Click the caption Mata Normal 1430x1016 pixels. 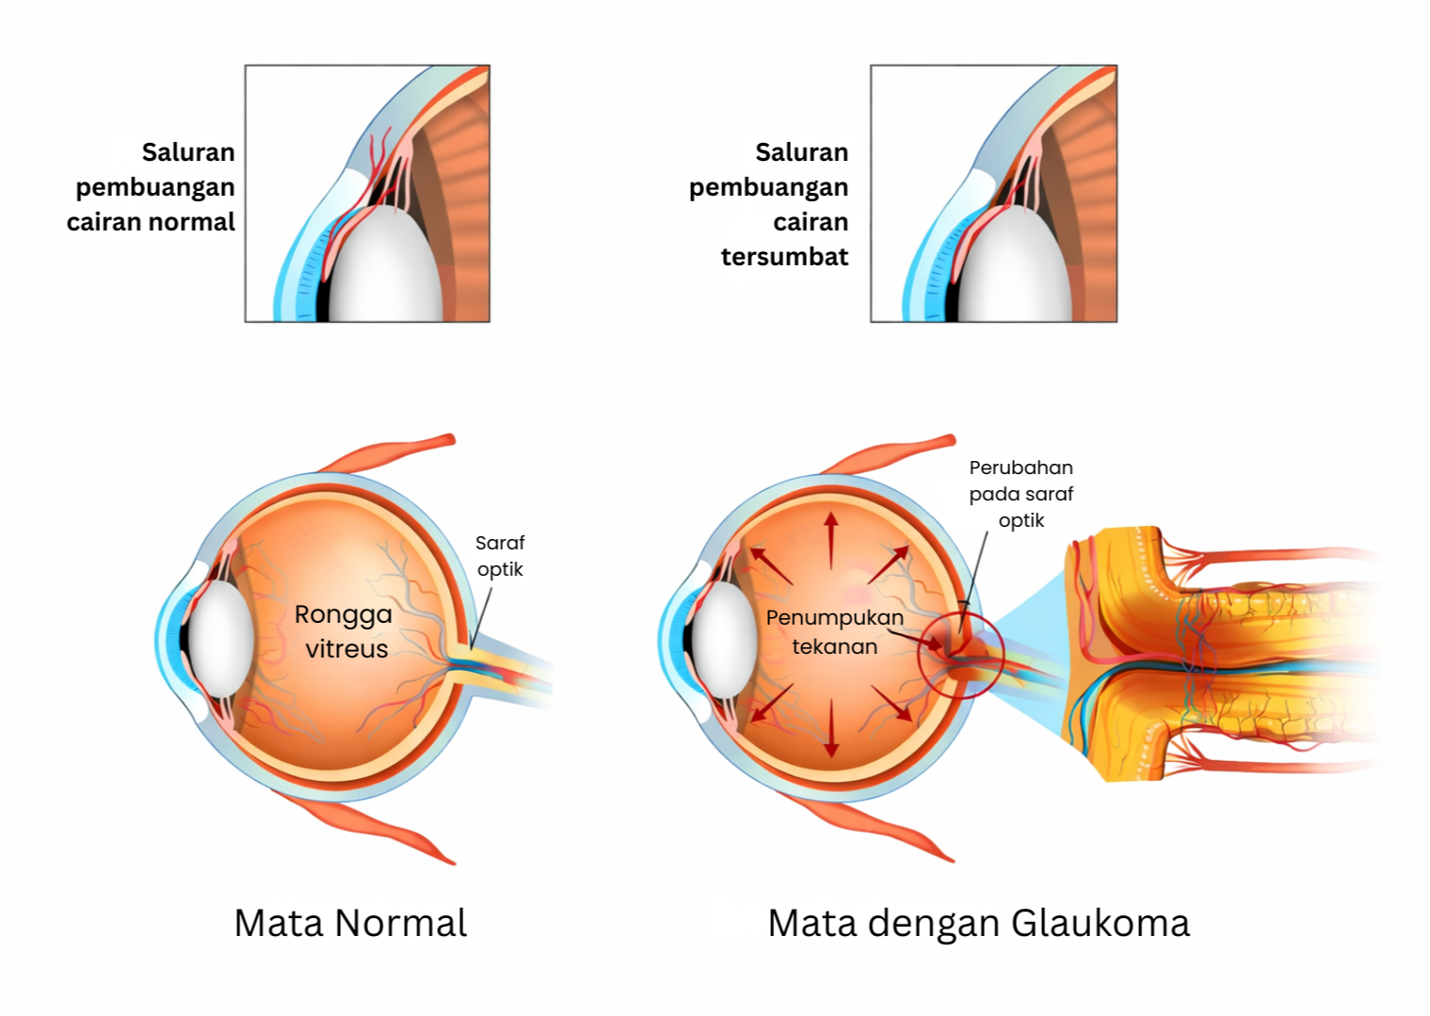point(350,923)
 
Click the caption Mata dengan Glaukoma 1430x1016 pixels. point(978,923)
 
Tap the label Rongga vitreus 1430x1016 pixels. point(344,631)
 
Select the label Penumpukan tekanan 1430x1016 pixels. point(834,631)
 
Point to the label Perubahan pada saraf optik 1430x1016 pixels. point(1020,493)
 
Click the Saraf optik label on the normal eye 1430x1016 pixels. point(500,555)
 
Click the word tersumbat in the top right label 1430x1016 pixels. point(784,257)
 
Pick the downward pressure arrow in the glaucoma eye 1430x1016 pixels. point(830,729)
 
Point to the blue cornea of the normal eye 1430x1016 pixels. point(170,640)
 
